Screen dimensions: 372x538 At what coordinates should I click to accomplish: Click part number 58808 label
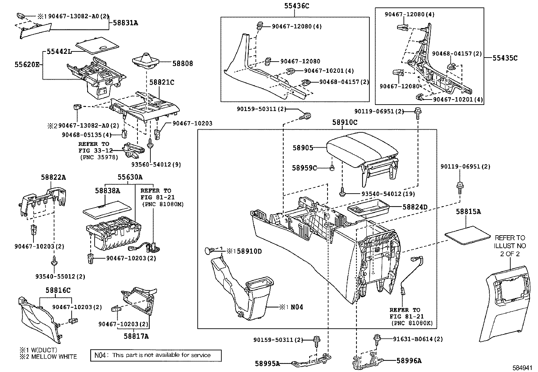pos(182,63)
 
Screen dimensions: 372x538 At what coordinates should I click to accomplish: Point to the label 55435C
pos(505,58)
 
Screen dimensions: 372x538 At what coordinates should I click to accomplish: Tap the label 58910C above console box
pos(345,123)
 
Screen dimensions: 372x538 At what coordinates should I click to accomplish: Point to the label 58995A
pos(267,364)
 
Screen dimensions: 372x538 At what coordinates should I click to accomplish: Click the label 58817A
pos(136,336)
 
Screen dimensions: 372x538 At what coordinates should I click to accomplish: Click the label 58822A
pos(53,177)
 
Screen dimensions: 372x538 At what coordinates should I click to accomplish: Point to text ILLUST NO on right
pos(510,245)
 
